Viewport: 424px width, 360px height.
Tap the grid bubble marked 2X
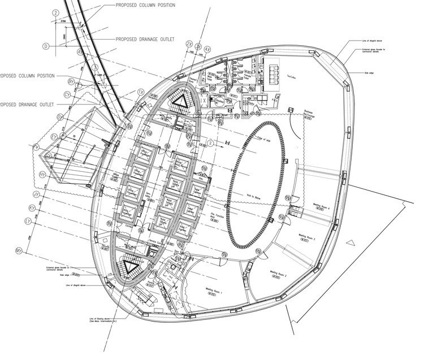click(189, 44)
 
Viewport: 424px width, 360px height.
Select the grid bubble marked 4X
click(207, 49)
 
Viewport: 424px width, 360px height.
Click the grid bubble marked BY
click(71, 82)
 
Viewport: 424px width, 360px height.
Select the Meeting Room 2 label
click(278, 275)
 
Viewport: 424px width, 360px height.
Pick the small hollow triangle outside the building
click(353, 241)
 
